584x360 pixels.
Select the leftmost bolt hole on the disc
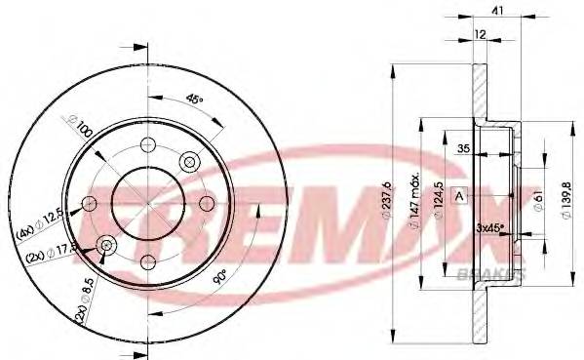(89, 203)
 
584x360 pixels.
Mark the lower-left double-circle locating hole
(105, 245)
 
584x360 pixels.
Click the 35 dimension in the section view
(466, 149)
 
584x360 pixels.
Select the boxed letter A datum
(459, 196)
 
